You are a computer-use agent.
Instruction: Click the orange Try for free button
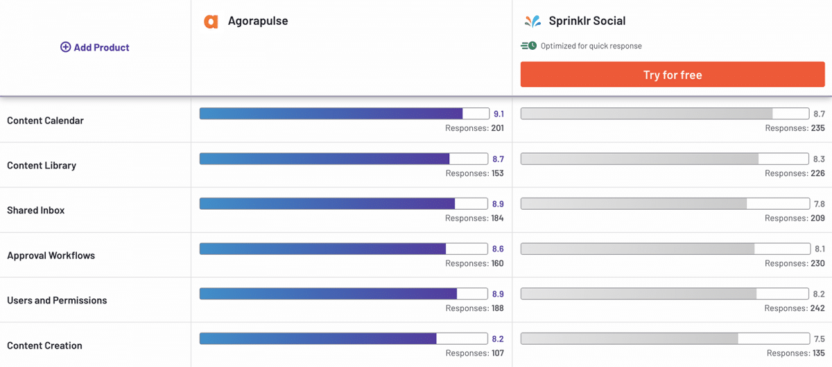(x=672, y=75)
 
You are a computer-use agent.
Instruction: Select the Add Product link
(x=95, y=47)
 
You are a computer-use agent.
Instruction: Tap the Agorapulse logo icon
(x=211, y=21)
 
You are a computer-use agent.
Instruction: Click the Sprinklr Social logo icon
(x=532, y=21)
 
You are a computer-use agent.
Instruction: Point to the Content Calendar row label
(x=45, y=120)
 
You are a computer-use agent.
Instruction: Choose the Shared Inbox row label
(x=35, y=211)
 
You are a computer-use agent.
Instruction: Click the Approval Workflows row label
(x=51, y=256)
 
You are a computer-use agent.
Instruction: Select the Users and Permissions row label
(x=57, y=301)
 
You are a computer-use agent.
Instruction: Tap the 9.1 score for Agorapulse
(x=498, y=114)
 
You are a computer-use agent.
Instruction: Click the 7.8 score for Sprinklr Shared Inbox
(x=819, y=204)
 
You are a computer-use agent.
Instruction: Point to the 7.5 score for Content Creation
(x=819, y=339)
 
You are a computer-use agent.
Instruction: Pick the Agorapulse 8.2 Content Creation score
(x=498, y=339)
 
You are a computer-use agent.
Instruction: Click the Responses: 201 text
(x=474, y=128)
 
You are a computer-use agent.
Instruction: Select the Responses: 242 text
(x=795, y=308)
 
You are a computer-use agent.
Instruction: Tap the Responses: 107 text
(x=474, y=353)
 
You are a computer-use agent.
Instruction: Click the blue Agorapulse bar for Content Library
(x=324, y=159)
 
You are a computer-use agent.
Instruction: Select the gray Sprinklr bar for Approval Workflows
(x=637, y=249)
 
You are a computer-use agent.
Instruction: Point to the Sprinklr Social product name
(x=587, y=21)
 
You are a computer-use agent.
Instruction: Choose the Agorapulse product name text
(x=258, y=21)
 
